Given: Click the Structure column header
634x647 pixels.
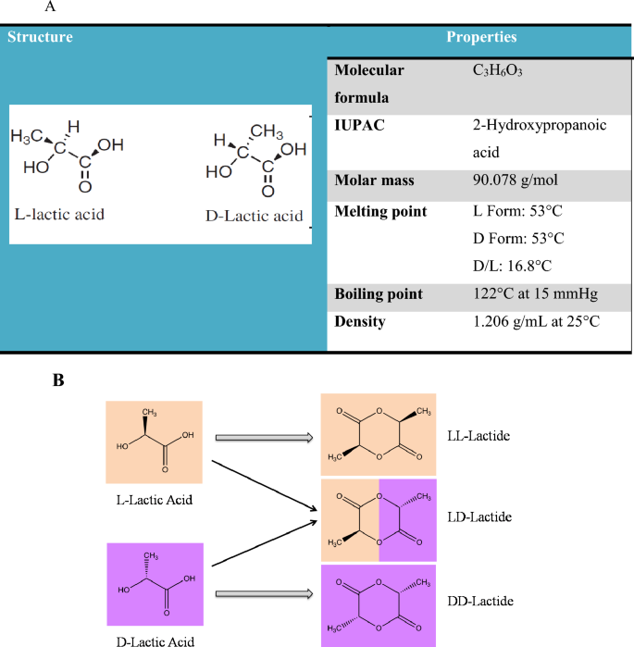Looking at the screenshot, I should coord(40,38).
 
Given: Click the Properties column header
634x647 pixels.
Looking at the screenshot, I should coord(481,38).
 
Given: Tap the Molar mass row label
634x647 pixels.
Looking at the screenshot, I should coord(374,180).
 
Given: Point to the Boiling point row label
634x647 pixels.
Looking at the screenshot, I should coord(379,293).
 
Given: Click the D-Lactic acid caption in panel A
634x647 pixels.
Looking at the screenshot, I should coord(254,217).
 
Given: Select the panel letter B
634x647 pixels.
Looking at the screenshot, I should coord(58,379).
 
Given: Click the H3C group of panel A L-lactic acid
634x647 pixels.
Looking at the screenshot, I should coord(31,137).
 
